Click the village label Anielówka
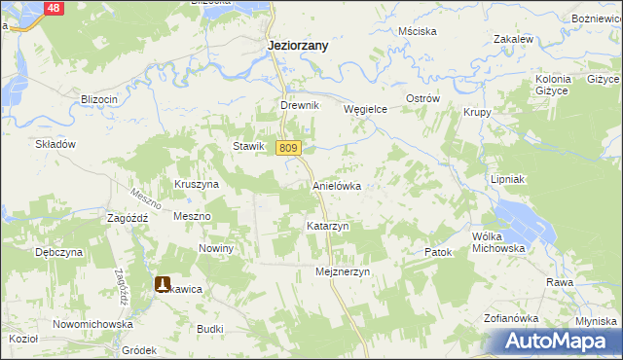(337, 185)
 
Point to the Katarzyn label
(327, 226)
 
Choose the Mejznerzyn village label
(344, 273)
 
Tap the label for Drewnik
(299, 106)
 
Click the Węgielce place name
(366, 110)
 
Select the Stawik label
(248, 146)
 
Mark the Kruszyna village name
(197, 184)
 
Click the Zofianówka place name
(511, 318)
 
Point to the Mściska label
(417, 31)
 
